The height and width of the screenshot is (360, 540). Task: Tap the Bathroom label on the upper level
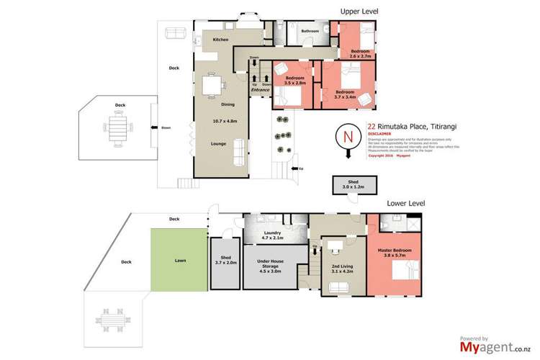coord(310,31)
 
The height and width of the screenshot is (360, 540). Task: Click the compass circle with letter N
coord(347,136)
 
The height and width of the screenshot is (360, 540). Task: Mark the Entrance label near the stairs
coord(261,90)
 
